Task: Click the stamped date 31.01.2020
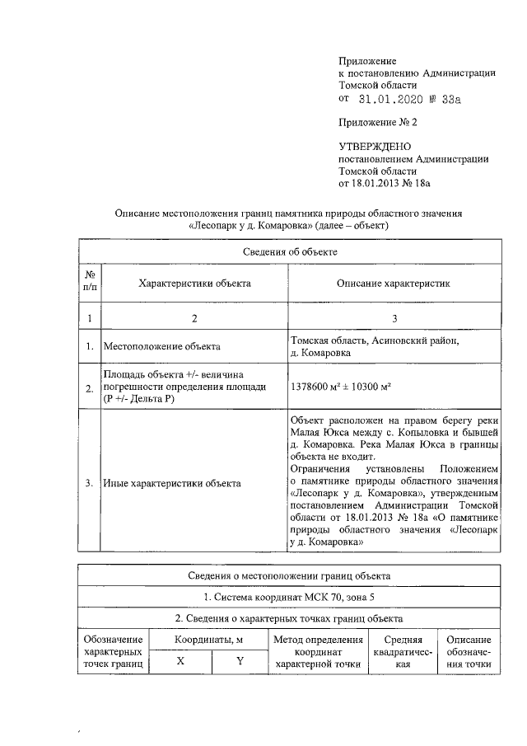[x=390, y=99]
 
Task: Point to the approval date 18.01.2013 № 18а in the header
[x=391, y=183]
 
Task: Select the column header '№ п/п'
[x=89, y=283]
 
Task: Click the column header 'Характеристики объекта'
[x=194, y=283]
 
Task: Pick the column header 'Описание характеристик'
[x=394, y=283]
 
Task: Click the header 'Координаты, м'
[x=209, y=640]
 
